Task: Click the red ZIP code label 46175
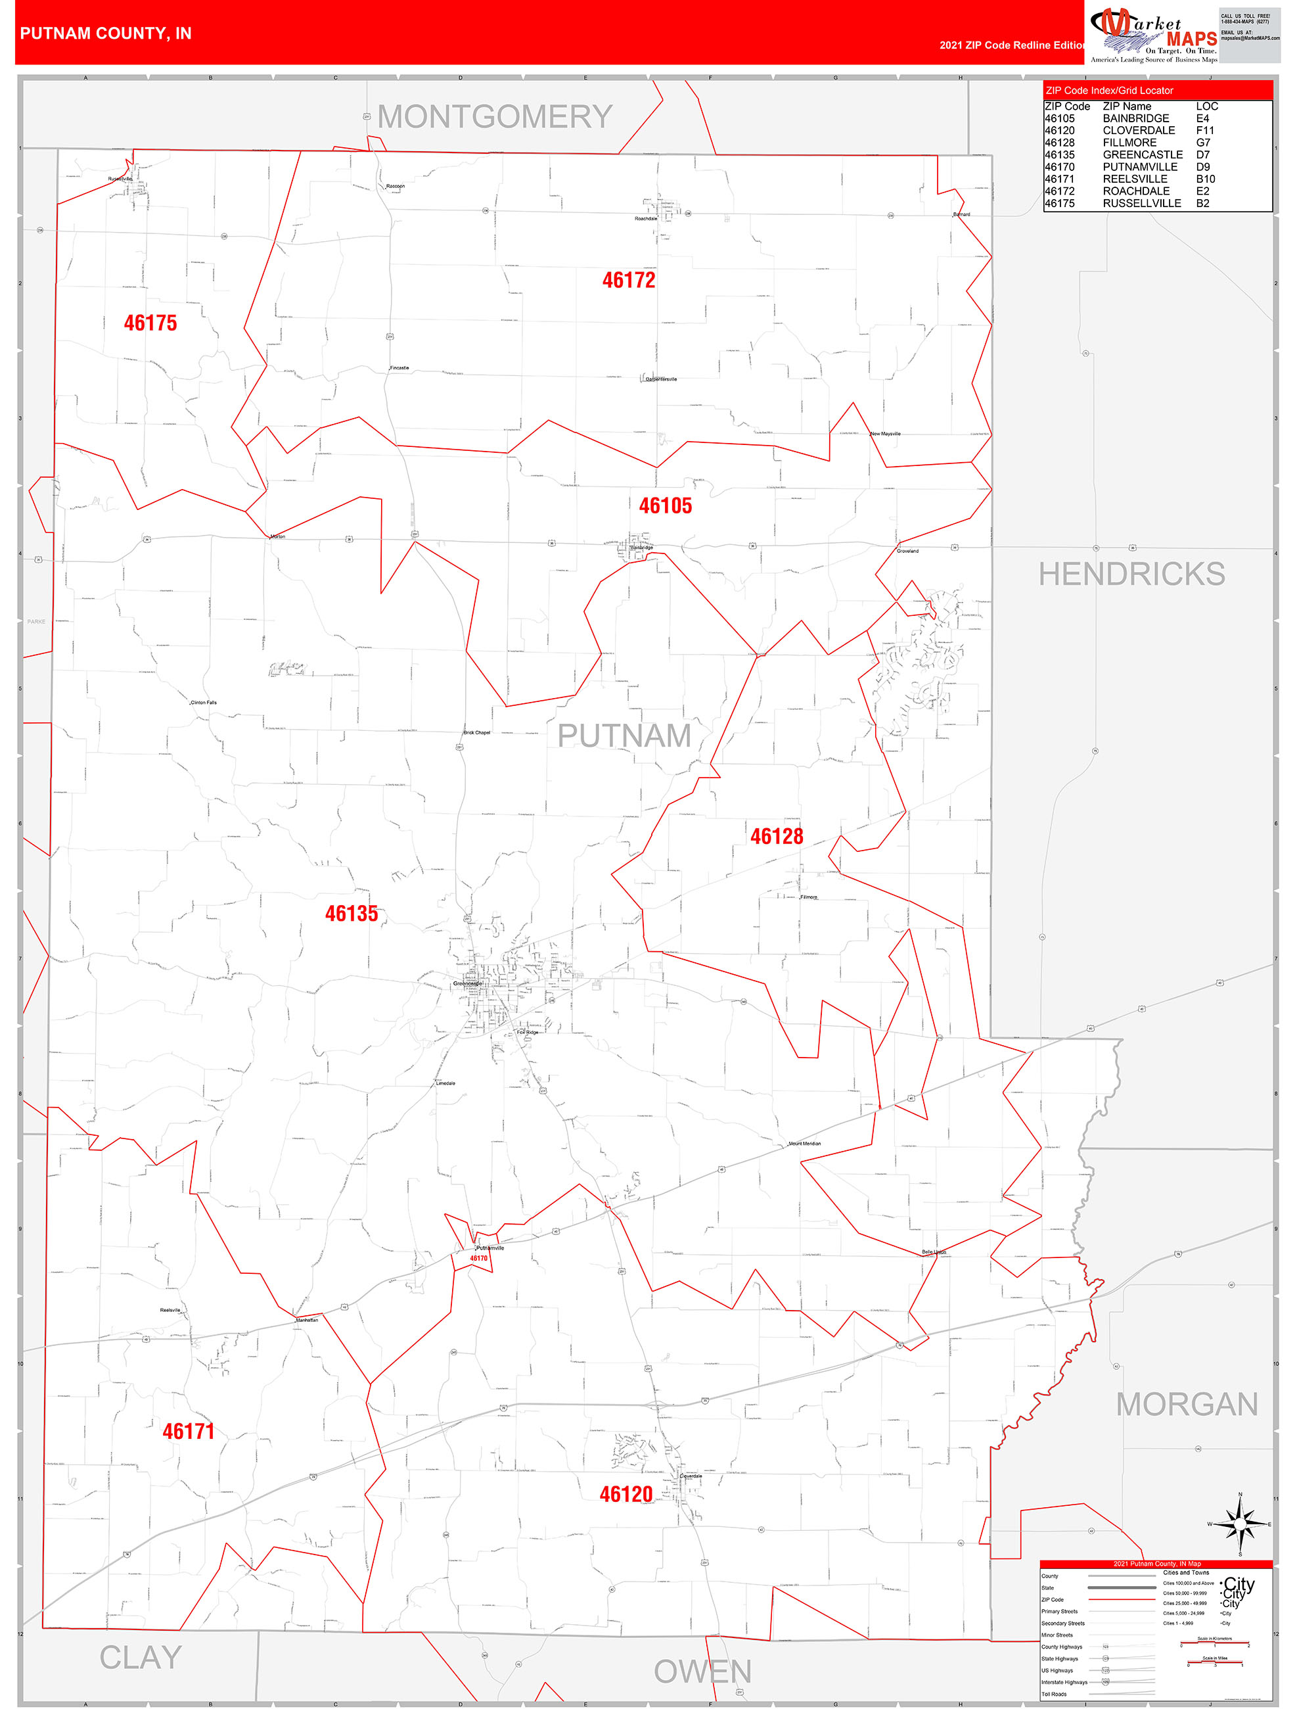[150, 323]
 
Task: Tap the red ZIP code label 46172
[629, 281]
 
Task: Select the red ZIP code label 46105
[665, 506]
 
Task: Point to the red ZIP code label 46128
[777, 836]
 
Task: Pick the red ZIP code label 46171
[188, 1431]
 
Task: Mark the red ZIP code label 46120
[626, 1494]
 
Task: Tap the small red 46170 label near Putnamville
[479, 1258]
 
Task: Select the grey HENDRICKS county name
[1131, 574]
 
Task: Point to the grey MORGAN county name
[1187, 1405]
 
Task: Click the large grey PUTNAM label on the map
[624, 736]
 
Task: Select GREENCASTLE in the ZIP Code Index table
[1142, 154]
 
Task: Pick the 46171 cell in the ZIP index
[1059, 179]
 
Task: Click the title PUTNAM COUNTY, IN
[106, 34]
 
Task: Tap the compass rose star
[1240, 1524]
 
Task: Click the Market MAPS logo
[1153, 34]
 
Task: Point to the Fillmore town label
[809, 897]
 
